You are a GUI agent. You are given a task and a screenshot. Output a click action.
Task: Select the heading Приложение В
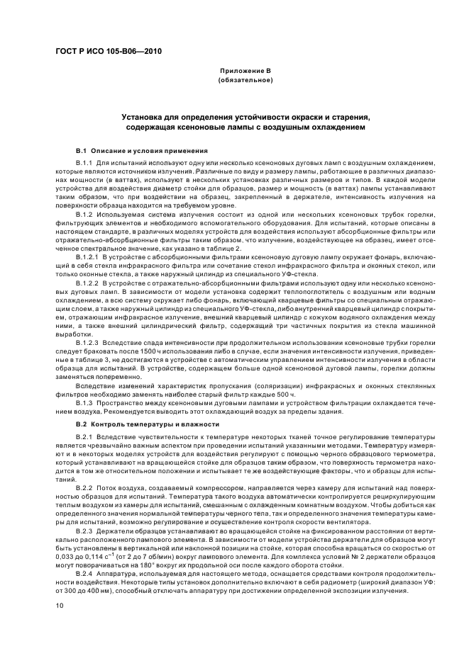[x=245, y=72]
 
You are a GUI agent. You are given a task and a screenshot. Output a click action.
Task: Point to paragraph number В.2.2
[x=86, y=489]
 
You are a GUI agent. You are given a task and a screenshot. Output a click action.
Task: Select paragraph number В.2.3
[x=86, y=530]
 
